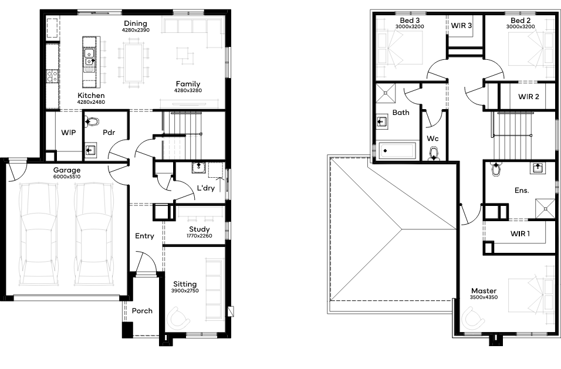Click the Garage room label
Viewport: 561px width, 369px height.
pos(67,170)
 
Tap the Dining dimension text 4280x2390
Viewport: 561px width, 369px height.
pos(136,30)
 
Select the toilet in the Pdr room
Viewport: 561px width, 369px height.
pos(92,121)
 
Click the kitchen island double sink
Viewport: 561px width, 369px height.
pos(89,57)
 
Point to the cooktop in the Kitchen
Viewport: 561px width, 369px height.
pos(52,76)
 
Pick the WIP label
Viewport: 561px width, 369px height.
pos(68,133)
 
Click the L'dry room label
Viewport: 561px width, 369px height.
pos(206,188)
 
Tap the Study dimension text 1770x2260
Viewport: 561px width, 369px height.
pos(200,236)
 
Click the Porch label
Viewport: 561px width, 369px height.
pos(142,311)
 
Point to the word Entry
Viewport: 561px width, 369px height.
pos(144,236)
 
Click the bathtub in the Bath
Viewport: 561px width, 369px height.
pos(397,151)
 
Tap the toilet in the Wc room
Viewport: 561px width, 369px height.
pos(433,153)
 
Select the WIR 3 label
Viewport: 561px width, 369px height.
pos(461,26)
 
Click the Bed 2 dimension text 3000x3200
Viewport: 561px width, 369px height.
pos(521,27)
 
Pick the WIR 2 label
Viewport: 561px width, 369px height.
pos(529,97)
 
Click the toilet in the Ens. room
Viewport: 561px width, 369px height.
pos(496,169)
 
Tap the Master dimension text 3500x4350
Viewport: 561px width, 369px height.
pos(484,297)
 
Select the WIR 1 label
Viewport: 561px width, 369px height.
pos(520,234)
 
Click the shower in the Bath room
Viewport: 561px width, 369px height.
pos(386,93)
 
